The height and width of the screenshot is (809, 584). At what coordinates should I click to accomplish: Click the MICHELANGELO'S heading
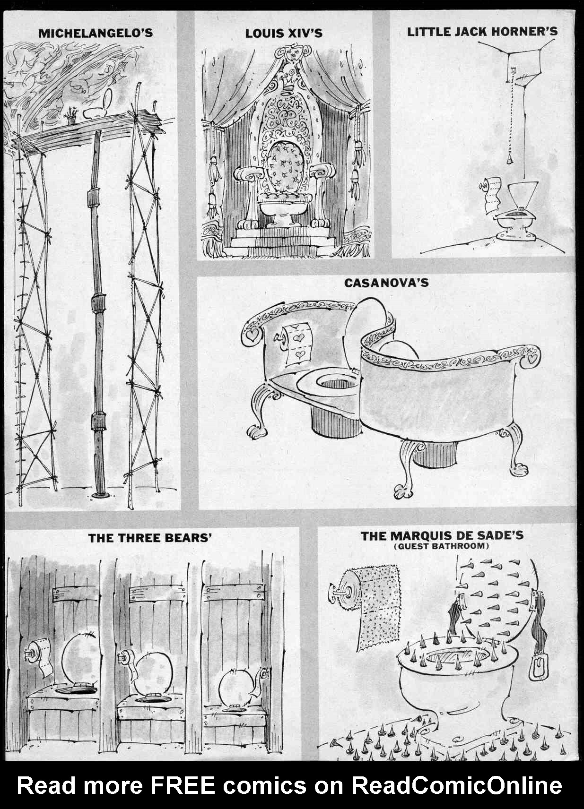pos(95,33)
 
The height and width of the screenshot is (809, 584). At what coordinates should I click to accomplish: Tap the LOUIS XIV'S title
pos(283,33)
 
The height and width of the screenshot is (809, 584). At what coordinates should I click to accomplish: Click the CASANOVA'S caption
pos(386,283)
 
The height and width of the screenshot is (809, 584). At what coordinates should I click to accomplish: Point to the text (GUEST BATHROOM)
pos(441,546)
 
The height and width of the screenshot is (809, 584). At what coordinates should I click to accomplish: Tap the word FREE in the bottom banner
pos(182,785)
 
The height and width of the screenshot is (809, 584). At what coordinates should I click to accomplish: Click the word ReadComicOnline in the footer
pos(456,785)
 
